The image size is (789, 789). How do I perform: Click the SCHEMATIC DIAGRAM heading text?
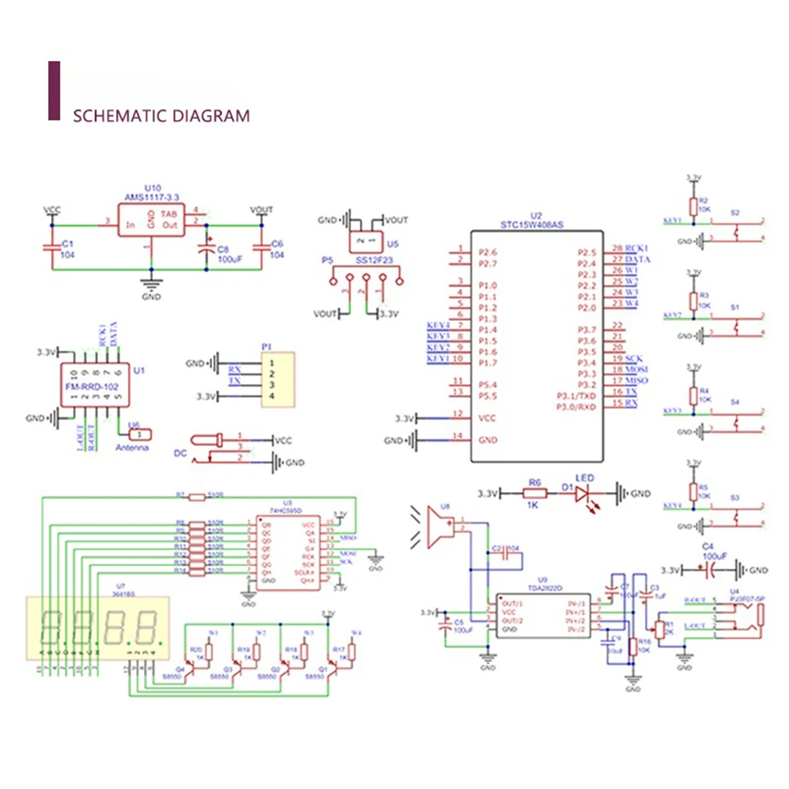click(161, 116)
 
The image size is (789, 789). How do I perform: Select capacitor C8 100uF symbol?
click(206, 250)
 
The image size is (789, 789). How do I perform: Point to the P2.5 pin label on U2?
click(587, 252)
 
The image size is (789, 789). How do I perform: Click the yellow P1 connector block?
click(278, 379)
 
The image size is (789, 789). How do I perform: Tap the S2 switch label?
click(735, 212)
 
